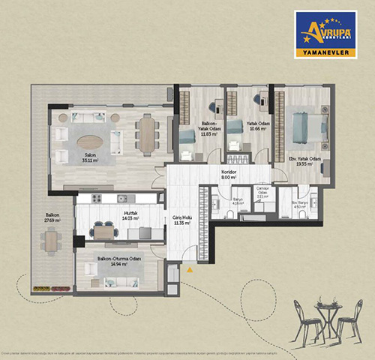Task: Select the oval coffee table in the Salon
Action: (x=89, y=140)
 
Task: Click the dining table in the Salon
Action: (x=146, y=133)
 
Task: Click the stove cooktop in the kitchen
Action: (x=95, y=199)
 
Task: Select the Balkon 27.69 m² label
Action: (x=49, y=219)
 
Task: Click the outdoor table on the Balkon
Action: (x=49, y=241)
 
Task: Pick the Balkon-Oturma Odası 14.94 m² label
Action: (x=112, y=262)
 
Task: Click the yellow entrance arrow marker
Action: (x=190, y=268)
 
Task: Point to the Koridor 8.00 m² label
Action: (x=229, y=175)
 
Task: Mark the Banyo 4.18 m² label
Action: (x=217, y=202)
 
